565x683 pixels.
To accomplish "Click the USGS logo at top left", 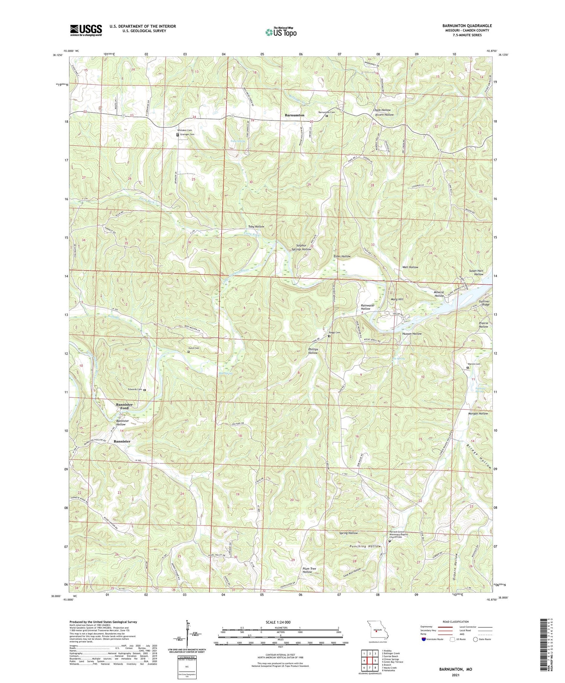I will click(x=86, y=30).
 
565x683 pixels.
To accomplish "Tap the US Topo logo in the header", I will click(x=281, y=32).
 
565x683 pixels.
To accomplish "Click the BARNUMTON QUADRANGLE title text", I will click(x=467, y=26).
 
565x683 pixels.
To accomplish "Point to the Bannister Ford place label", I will click(x=124, y=406).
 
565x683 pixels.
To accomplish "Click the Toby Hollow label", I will click(x=256, y=226).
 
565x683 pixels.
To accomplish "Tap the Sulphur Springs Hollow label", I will click(x=303, y=247).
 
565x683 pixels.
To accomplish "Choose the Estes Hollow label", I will click(x=342, y=256).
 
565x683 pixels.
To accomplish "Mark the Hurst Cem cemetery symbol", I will click(x=189, y=352).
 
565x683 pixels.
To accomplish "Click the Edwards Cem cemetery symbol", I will click(x=144, y=390).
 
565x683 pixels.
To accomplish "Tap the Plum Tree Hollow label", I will click(x=307, y=570).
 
